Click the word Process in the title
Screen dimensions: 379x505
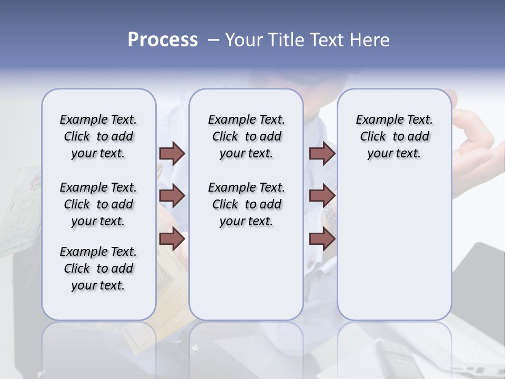pos(163,40)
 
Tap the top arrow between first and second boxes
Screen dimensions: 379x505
pos(172,153)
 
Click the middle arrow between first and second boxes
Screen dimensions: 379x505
pos(172,196)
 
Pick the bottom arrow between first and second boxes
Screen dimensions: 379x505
pos(172,238)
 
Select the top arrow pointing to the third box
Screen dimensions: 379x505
pos(322,153)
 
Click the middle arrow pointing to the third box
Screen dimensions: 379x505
pos(322,196)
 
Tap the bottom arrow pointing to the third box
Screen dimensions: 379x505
pos(322,238)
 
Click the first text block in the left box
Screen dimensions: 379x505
pos(98,136)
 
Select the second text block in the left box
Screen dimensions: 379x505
pos(98,204)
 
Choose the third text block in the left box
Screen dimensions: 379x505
pos(98,268)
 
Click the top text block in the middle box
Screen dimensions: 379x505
pos(246,136)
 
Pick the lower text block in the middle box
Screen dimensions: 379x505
pos(246,204)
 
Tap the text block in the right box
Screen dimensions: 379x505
pos(394,136)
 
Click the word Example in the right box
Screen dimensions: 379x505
pos(377,119)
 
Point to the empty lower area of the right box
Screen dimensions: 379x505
pos(394,247)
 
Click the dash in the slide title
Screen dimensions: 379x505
pos(213,40)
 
